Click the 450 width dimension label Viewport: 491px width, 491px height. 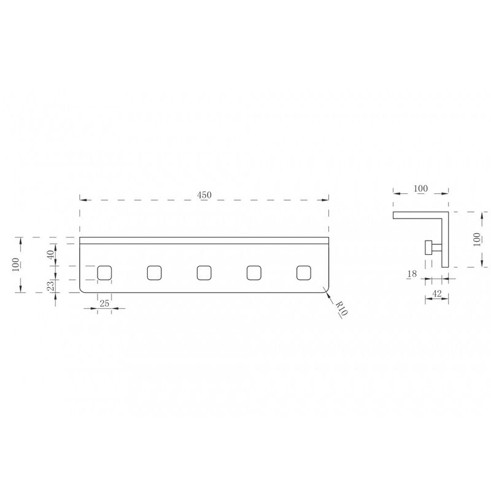pos(204,195)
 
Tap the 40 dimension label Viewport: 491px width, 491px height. pos(50,254)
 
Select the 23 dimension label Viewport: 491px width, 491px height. pos(50,285)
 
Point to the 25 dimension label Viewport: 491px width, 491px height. pos(104,303)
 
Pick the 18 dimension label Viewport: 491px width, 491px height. pos(412,274)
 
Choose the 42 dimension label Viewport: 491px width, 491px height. pos(436,293)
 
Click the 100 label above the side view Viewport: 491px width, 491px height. pos(420,188)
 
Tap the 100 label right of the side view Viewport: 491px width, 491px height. pos(477,239)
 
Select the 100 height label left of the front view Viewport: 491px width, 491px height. pos(15,265)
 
